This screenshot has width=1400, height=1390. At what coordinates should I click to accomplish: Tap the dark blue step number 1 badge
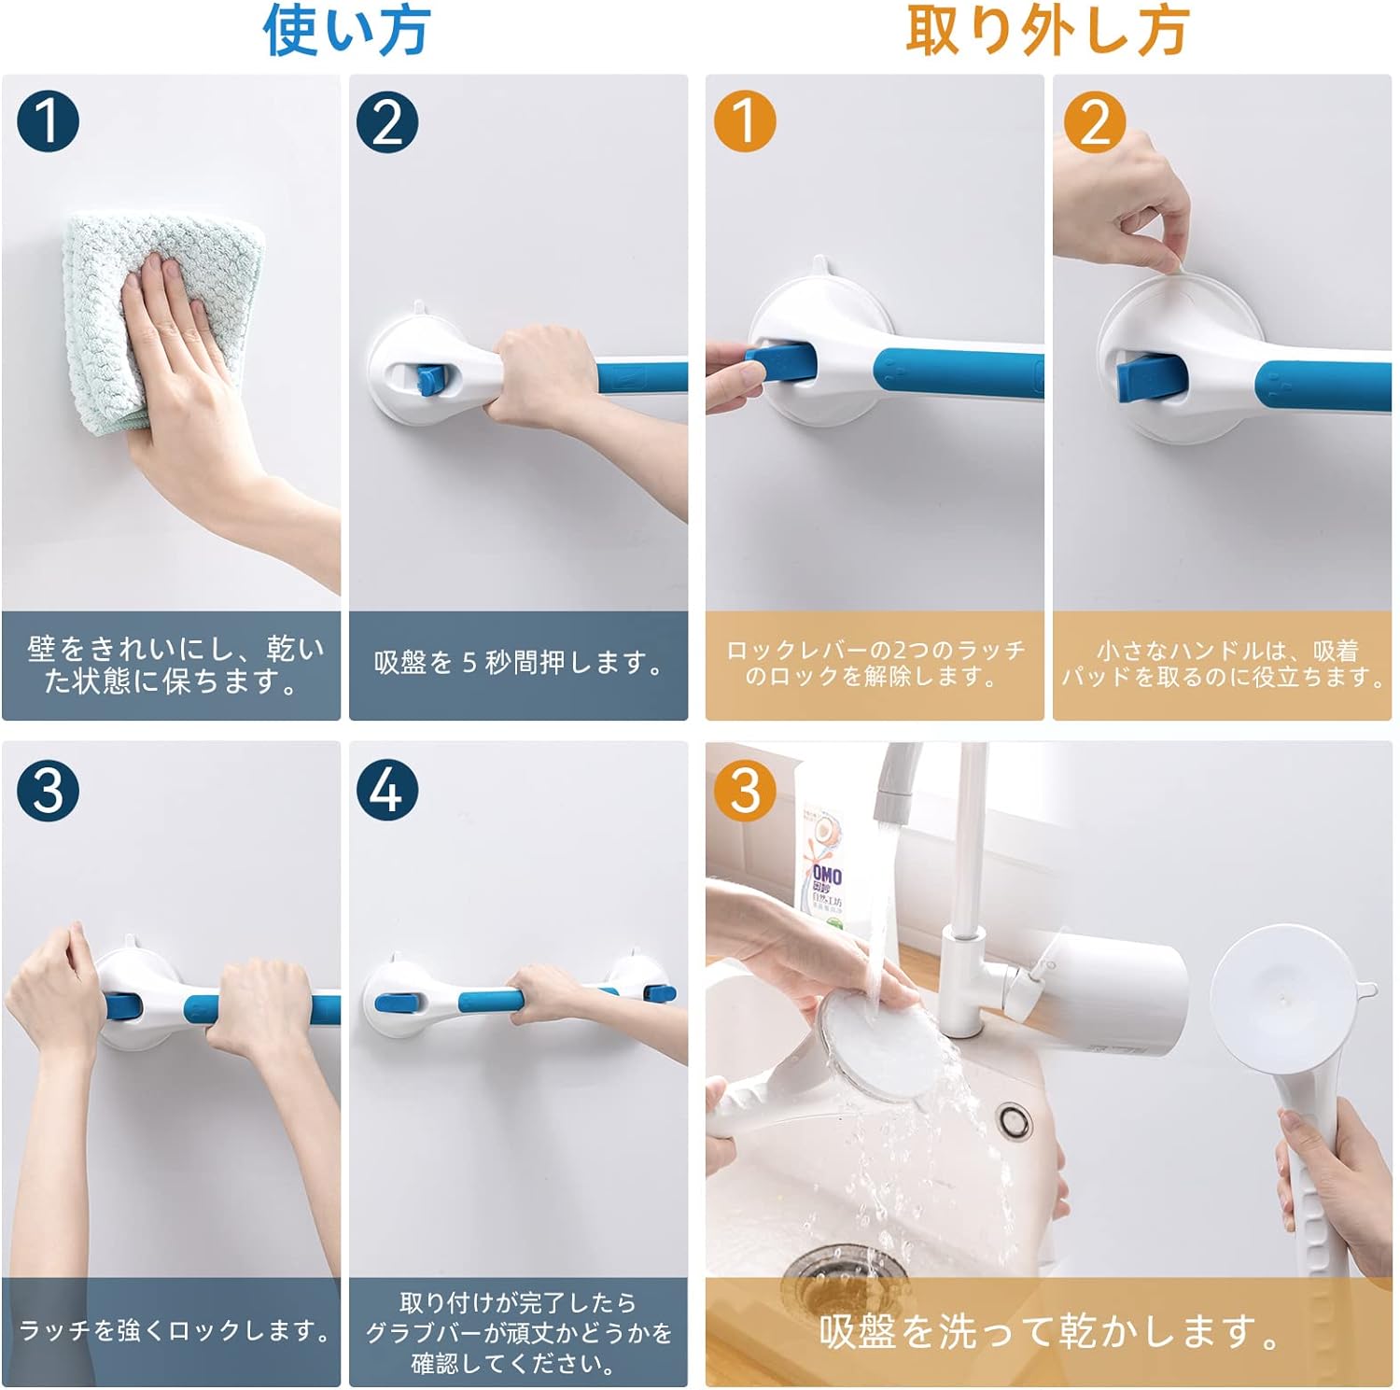click(48, 121)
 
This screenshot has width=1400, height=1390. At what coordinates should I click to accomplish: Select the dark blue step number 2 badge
click(387, 121)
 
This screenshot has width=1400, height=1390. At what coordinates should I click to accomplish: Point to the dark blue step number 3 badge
click(48, 790)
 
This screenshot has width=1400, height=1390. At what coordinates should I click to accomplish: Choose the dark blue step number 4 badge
click(387, 790)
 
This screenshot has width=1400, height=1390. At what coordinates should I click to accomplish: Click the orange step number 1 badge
click(745, 121)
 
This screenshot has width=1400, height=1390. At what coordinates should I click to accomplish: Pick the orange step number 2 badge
click(1096, 121)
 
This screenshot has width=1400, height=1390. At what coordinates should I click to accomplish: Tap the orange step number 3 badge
click(745, 790)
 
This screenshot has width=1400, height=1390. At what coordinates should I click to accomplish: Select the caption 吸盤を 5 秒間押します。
click(519, 663)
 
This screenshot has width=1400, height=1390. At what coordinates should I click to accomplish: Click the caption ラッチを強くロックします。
click(174, 1330)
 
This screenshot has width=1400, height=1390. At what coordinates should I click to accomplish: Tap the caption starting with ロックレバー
click(875, 663)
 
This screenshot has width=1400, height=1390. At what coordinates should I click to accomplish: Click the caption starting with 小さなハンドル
click(1223, 663)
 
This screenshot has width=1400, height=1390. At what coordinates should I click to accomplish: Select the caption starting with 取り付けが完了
click(518, 1332)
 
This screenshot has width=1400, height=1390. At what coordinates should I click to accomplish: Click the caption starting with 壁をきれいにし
click(174, 665)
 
